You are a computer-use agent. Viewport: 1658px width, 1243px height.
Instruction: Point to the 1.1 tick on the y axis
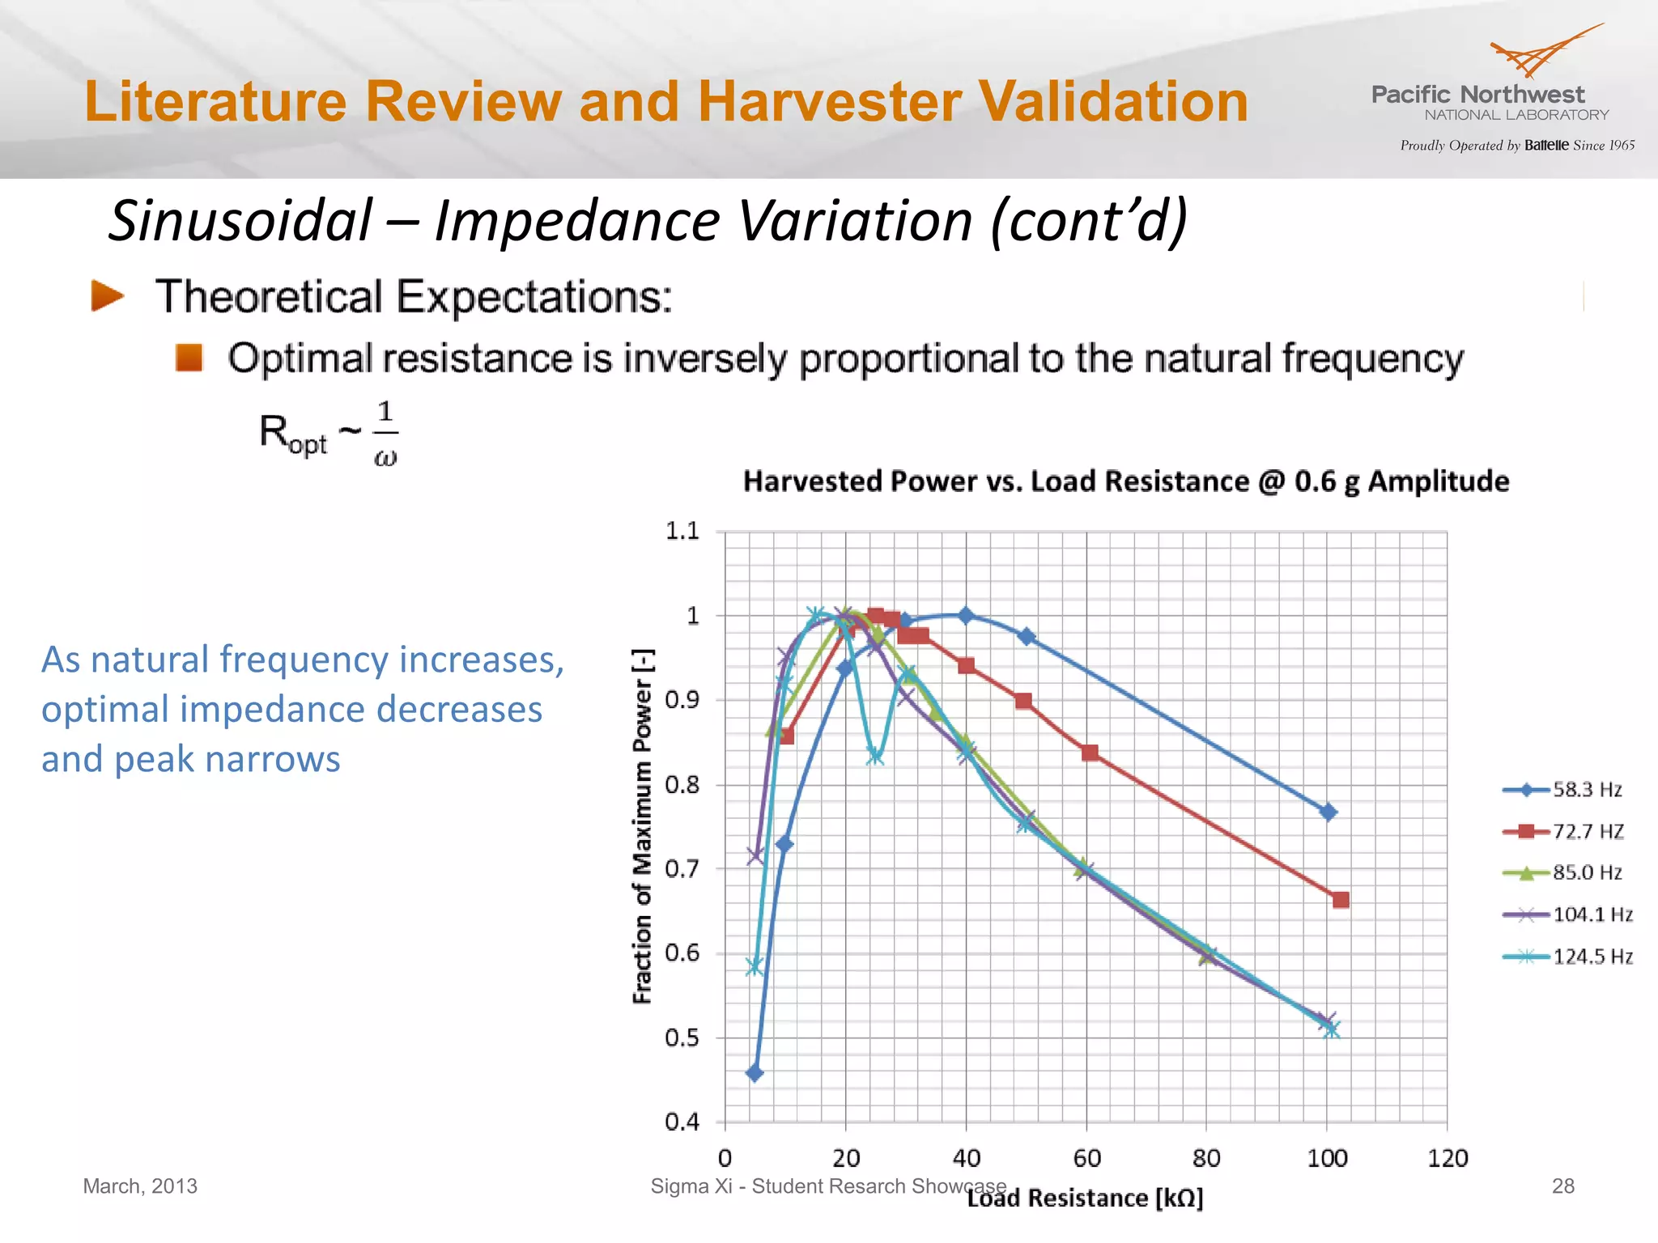682,531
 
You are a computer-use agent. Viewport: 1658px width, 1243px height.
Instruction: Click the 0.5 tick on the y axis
682,1037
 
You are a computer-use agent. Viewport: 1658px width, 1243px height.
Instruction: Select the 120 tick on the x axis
1447,1158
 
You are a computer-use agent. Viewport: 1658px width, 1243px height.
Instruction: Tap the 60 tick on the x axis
1086,1158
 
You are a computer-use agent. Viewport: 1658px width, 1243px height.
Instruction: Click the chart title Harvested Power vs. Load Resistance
1125,482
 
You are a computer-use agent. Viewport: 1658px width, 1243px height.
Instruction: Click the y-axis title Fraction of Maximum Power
642,825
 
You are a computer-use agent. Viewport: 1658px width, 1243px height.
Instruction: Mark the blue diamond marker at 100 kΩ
1328,812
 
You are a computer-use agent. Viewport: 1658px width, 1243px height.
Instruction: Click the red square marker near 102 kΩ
1341,900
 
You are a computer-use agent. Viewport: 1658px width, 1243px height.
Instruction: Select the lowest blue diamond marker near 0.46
755,1074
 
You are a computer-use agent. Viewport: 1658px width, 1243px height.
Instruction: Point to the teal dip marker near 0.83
875,757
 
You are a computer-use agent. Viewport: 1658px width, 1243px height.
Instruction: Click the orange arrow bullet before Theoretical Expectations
108,296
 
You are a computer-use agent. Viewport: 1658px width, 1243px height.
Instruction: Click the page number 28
1562,1186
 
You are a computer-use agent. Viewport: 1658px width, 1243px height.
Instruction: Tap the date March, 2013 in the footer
140,1186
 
